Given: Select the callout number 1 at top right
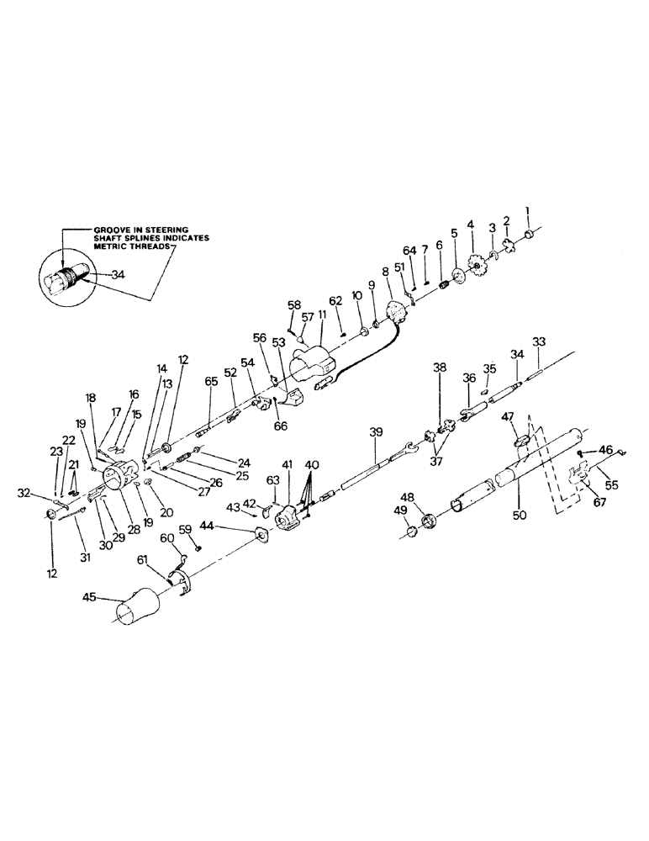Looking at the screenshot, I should point(528,210).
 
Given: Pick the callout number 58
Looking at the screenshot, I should point(294,304).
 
